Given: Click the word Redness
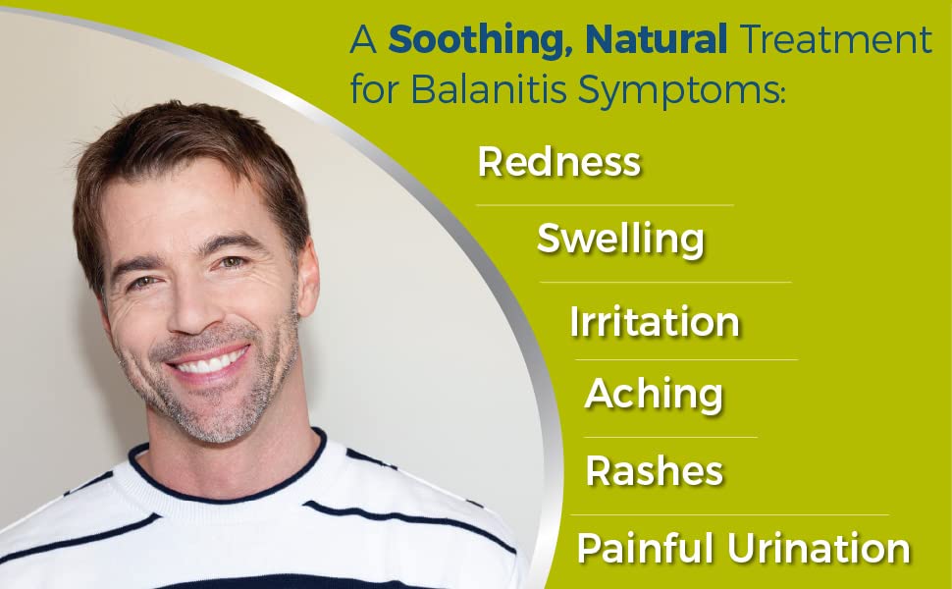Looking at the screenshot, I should [x=558, y=162].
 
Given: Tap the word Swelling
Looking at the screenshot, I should [x=620, y=239].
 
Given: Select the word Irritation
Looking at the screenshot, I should [x=654, y=322].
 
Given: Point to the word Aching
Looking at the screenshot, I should [x=654, y=395].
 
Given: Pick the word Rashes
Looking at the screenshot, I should [x=654, y=471].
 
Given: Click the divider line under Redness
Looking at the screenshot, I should [x=605, y=205].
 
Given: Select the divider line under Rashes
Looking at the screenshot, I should [x=729, y=514].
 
